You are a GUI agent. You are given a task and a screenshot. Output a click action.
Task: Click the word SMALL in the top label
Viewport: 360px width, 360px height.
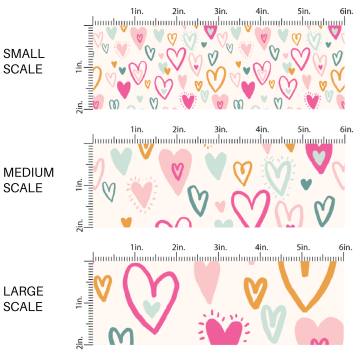23,54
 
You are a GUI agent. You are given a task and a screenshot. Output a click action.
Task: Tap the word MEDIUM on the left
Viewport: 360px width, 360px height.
28,172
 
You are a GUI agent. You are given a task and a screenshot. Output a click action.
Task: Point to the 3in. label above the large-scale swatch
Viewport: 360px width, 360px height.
219,247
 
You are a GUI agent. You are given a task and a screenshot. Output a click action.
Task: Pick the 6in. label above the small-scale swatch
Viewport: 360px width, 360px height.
345,11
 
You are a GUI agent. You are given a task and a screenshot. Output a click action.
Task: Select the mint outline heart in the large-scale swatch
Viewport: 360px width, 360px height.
273,320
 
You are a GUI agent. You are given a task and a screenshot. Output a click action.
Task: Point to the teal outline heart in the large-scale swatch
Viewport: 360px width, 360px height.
121,336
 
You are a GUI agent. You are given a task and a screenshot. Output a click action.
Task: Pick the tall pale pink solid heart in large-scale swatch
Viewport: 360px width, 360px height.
206,280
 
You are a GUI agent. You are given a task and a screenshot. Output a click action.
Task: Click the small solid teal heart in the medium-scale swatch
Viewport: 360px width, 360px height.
306,183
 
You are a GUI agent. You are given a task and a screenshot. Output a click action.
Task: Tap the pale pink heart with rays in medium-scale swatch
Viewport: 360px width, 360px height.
142,193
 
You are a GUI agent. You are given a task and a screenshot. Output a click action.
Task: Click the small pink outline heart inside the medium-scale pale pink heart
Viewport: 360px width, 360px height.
176,171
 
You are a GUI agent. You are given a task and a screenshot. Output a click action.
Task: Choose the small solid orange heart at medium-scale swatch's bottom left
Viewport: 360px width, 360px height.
126,222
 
